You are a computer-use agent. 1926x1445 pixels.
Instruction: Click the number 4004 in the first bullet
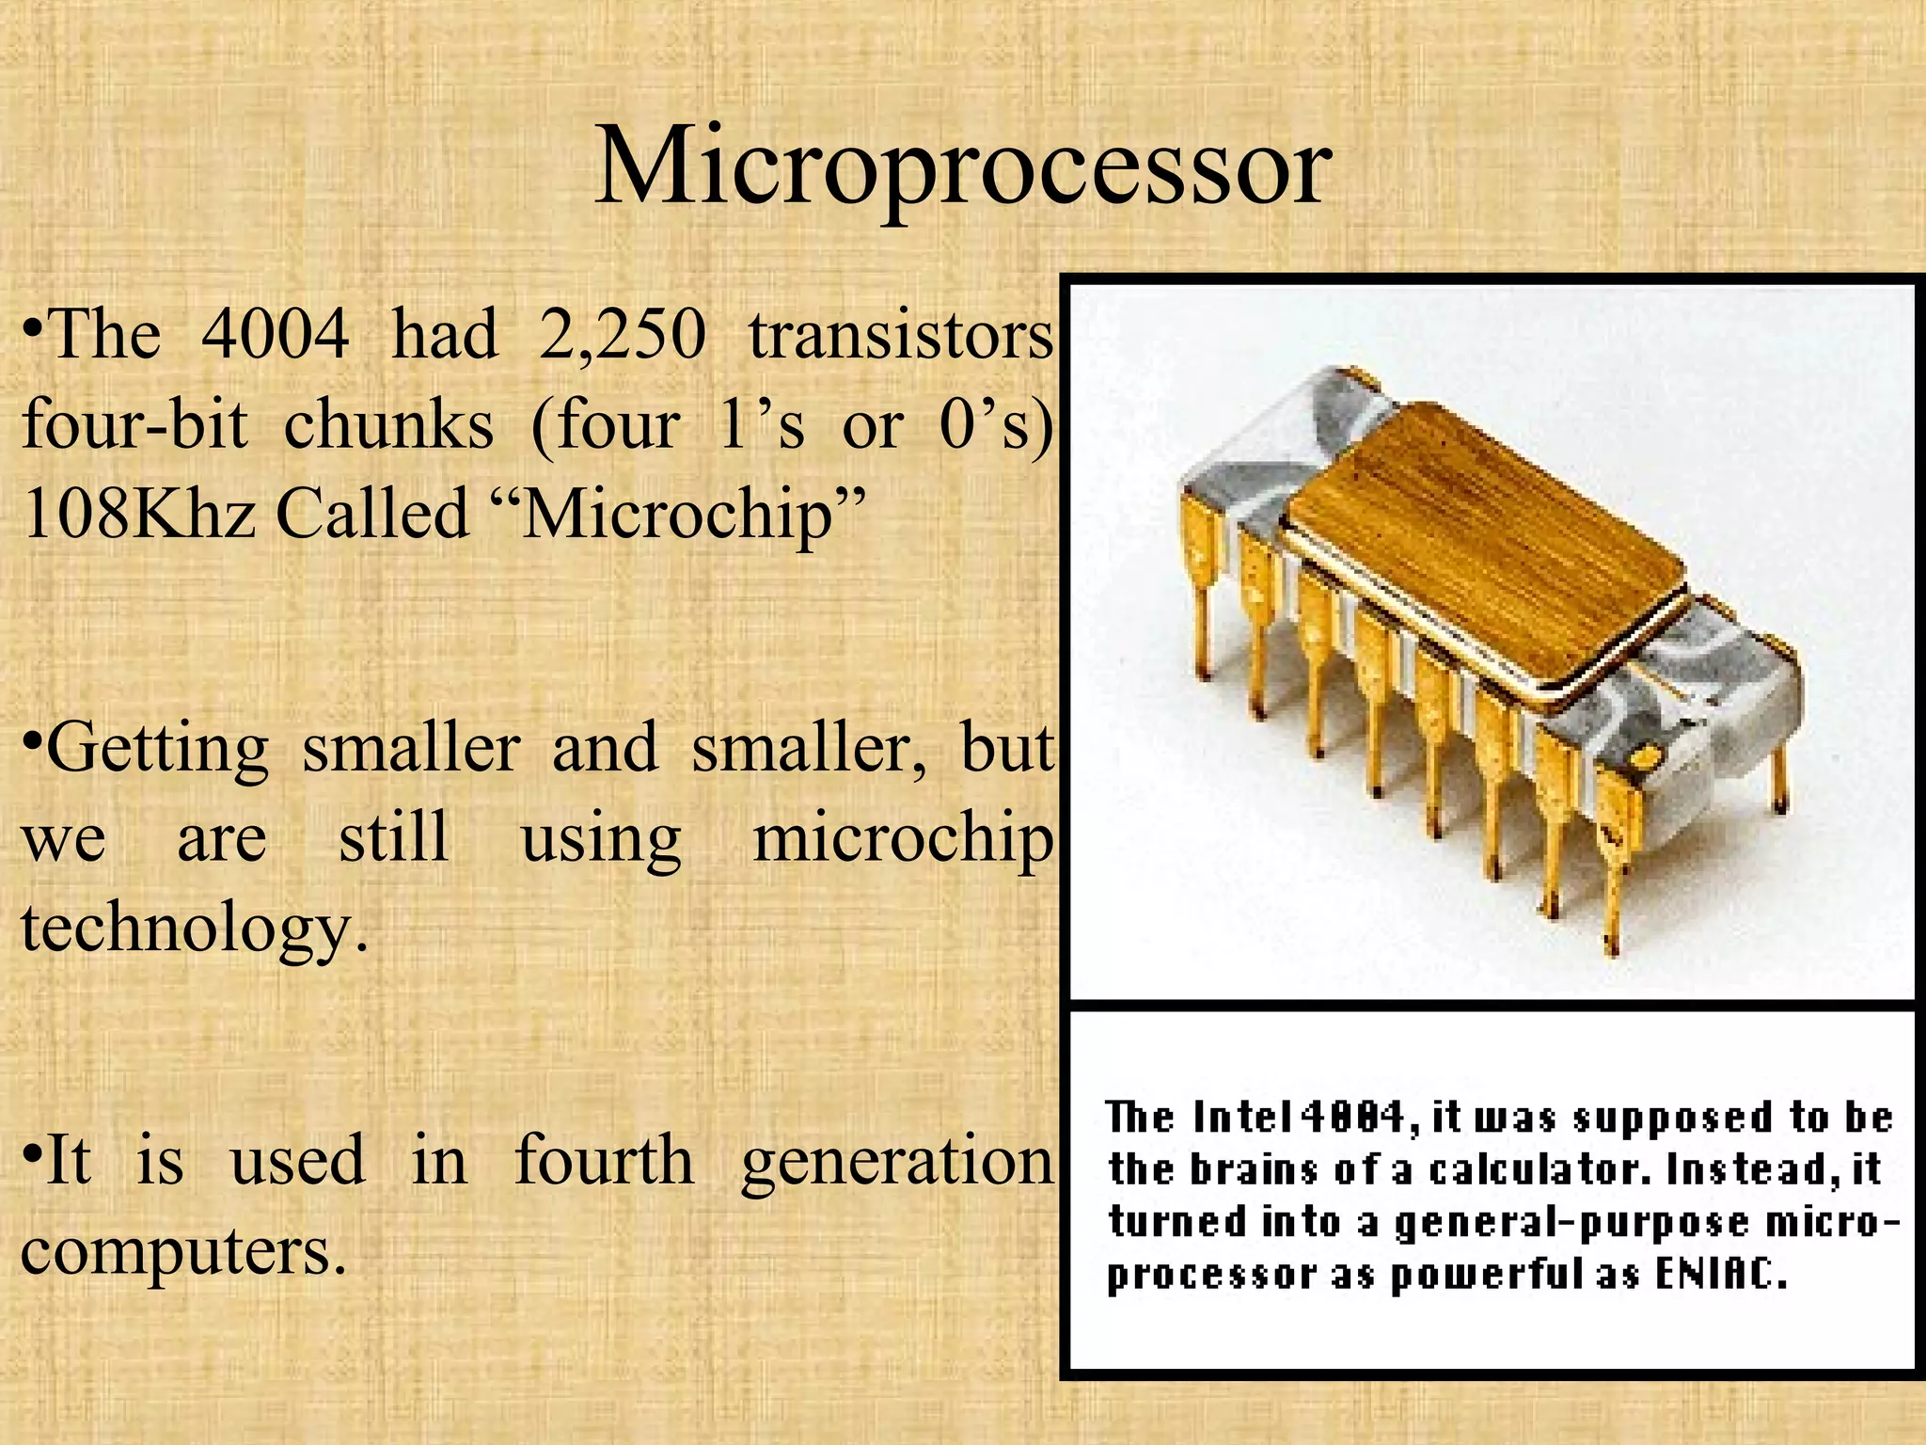(275, 334)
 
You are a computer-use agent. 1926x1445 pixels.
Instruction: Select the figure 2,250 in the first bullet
(622, 336)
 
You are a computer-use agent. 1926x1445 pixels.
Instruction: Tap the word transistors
(900, 336)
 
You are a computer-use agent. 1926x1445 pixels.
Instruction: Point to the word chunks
(388, 425)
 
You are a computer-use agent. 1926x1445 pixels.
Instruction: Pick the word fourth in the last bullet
(604, 1159)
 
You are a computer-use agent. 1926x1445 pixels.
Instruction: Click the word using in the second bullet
(600, 839)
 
